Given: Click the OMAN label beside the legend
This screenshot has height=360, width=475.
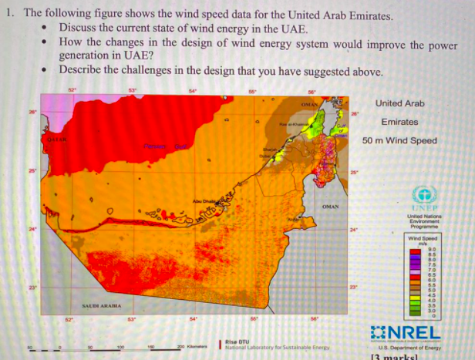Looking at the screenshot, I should [330, 207].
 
